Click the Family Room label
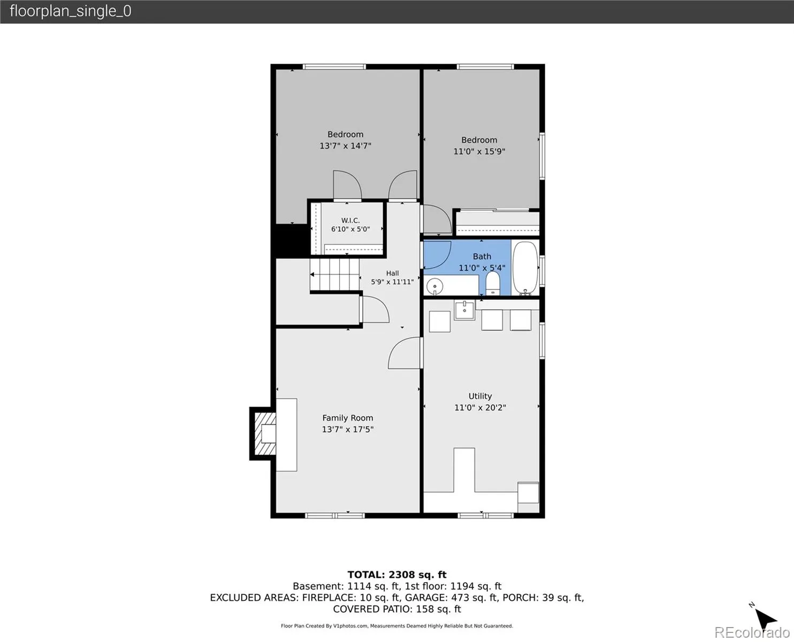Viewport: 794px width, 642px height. (x=347, y=418)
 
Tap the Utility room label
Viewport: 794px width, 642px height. (x=480, y=396)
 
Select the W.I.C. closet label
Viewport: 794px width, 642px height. (x=350, y=220)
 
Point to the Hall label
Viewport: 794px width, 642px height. (x=392, y=273)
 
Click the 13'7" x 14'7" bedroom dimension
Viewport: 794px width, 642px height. (x=345, y=146)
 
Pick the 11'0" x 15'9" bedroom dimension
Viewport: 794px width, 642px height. (x=479, y=151)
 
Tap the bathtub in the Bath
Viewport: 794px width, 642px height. (x=525, y=267)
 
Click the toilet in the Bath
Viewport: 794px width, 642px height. (x=493, y=283)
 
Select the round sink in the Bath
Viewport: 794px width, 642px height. (x=434, y=286)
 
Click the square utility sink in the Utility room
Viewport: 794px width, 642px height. (x=464, y=310)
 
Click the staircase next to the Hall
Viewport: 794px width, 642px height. (x=335, y=274)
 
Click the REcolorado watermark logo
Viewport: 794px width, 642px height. (x=752, y=632)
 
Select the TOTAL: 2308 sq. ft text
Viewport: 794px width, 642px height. (x=397, y=575)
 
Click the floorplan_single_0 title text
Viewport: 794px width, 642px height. (x=71, y=11)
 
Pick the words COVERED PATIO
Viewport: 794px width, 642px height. (x=371, y=609)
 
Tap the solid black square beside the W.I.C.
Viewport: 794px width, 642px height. (x=292, y=241)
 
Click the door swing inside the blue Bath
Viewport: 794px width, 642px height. (x=437, y=255)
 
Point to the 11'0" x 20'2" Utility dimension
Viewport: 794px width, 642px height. (x=480, y=408)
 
